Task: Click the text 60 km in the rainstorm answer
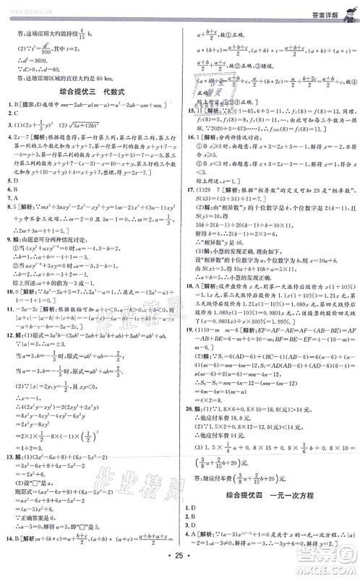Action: (x=108, y=78)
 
